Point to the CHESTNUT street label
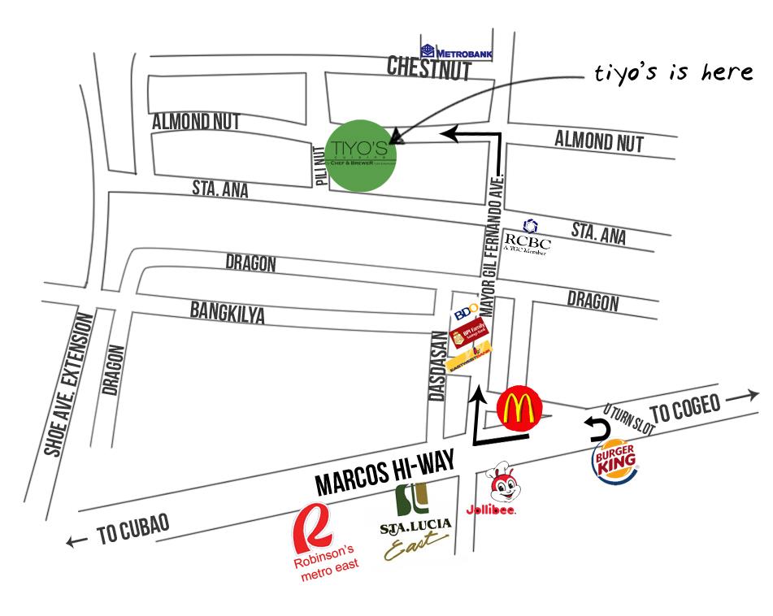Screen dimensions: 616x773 [429, 68]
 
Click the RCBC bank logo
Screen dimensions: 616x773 [528, 238]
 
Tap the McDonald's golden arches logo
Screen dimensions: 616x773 [519, 407]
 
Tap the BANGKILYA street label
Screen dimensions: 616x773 [227, 312]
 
